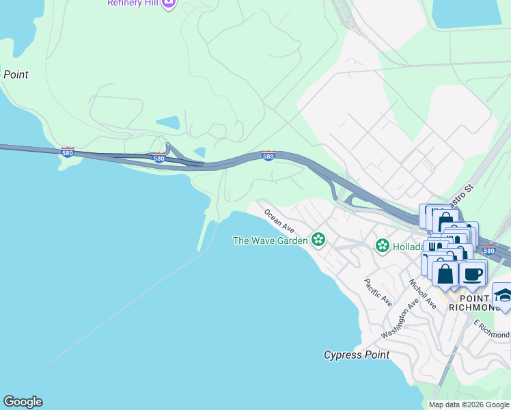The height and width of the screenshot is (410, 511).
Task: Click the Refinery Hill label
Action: pos(134,3)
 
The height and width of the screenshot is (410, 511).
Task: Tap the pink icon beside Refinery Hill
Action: pos(169,3)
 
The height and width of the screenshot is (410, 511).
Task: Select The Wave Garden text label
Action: pos(271,241)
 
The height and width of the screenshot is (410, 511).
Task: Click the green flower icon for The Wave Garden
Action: pos(318,240)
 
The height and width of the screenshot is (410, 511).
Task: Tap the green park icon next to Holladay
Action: pos(382,245)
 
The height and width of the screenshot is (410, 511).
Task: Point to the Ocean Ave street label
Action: pos(279,220)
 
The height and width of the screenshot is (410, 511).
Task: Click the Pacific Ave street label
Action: pos(377,292)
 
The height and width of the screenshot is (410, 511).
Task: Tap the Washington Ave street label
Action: pos(399,320)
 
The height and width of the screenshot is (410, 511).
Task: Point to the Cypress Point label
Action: pos(356,355)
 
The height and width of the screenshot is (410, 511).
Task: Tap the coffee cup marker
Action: pos(472,275)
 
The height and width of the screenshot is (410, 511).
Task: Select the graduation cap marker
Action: pos(503,295)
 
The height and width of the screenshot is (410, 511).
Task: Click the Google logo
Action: pos(23,402)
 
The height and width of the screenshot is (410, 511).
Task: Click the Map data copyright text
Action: pos(468,405)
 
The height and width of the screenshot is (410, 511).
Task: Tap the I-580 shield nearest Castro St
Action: pos(488,250)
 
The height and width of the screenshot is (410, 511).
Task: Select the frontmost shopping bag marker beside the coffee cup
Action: pos(445,274)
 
